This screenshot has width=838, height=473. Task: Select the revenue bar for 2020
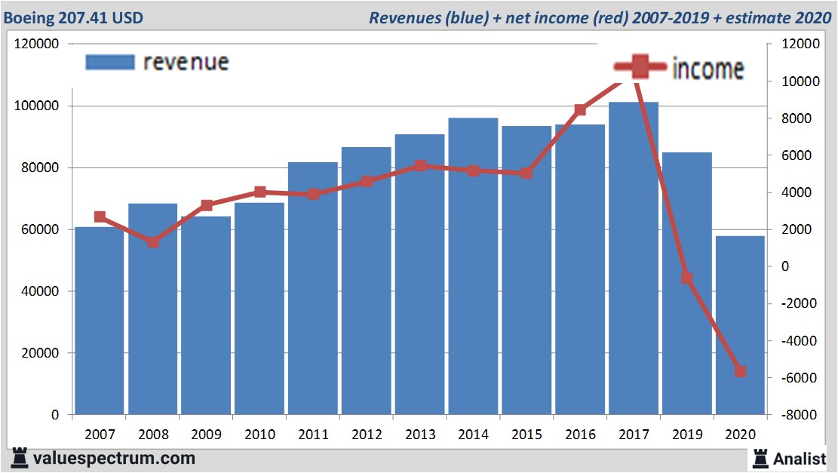[740, 325]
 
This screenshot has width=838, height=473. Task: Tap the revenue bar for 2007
[100, 321]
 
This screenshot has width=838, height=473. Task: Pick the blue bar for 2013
[420, 275]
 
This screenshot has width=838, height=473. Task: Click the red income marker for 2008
[153, 242]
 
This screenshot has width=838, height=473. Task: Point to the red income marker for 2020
[740, 371]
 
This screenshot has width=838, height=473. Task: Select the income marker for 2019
[686, 278]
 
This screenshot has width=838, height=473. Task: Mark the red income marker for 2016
[580, 110]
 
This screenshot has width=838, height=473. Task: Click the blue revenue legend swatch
[109, 62]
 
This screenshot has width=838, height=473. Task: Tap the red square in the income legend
[640, 67]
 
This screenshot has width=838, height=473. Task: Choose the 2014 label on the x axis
[473, 435]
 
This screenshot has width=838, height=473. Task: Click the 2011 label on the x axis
[313, 435]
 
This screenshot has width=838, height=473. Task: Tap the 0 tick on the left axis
[54, 416]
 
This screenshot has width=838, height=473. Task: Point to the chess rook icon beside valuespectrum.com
[20, 457]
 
